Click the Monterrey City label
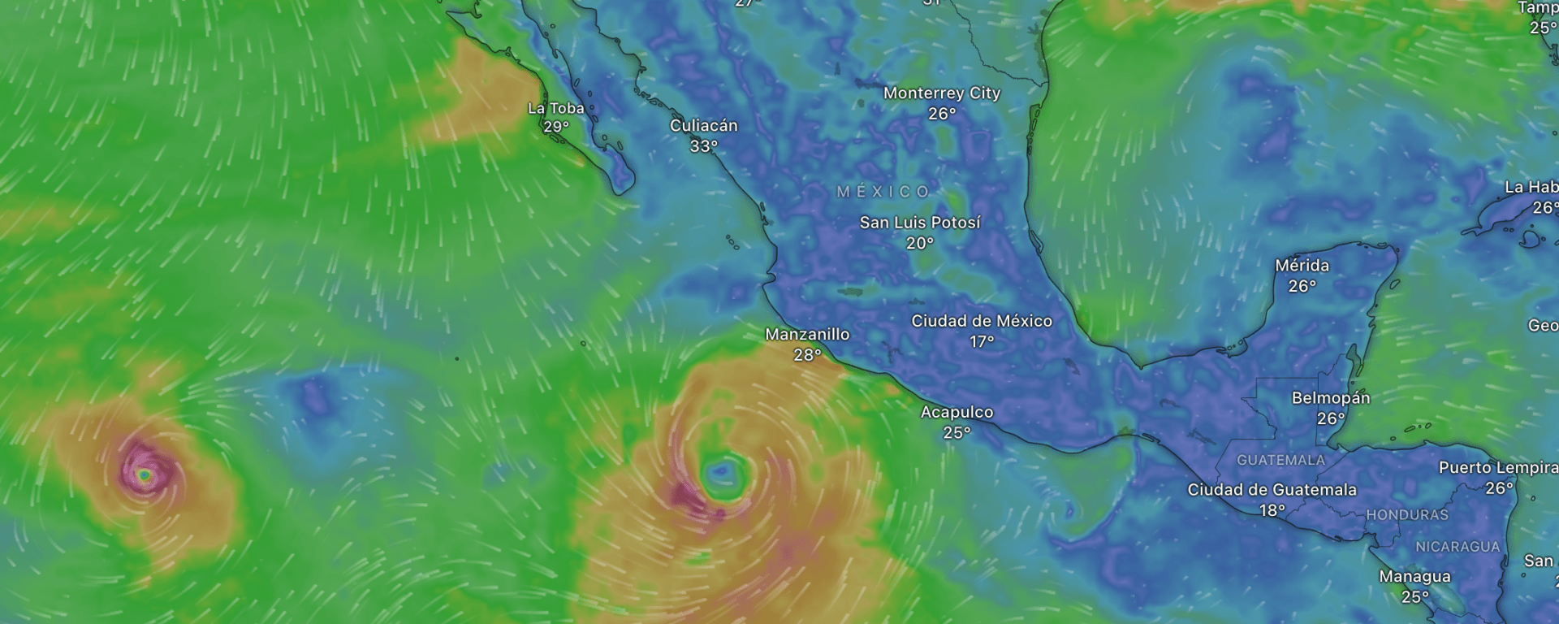click(x=941, y=93)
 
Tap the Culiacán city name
click(x=703, y=126)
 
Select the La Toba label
click(x=556, y=109)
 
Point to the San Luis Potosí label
click(x=920, y=223)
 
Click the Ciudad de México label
click(x=981, y=321)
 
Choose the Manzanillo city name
click(x=807, y=334)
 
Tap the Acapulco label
click(x=957, y=412)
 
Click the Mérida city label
click(x=1302, y=266)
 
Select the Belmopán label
click(x=1330, y=398)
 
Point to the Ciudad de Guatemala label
click(x=1272, y=489)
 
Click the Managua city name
click(x=1414, y=576)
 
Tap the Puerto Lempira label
click(x=1497, y=467)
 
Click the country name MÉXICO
click(x=883, y=192)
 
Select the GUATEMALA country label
click(x=1280, y=461)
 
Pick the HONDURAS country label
click(x=1406, y=515)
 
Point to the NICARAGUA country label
click(x=1458, y=547)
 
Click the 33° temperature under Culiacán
click(x=703, y=146)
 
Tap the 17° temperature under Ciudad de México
click(x=981, y=341)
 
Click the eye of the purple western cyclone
click(x=144, y=474)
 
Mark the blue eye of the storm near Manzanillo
click(x=720, y=471)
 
